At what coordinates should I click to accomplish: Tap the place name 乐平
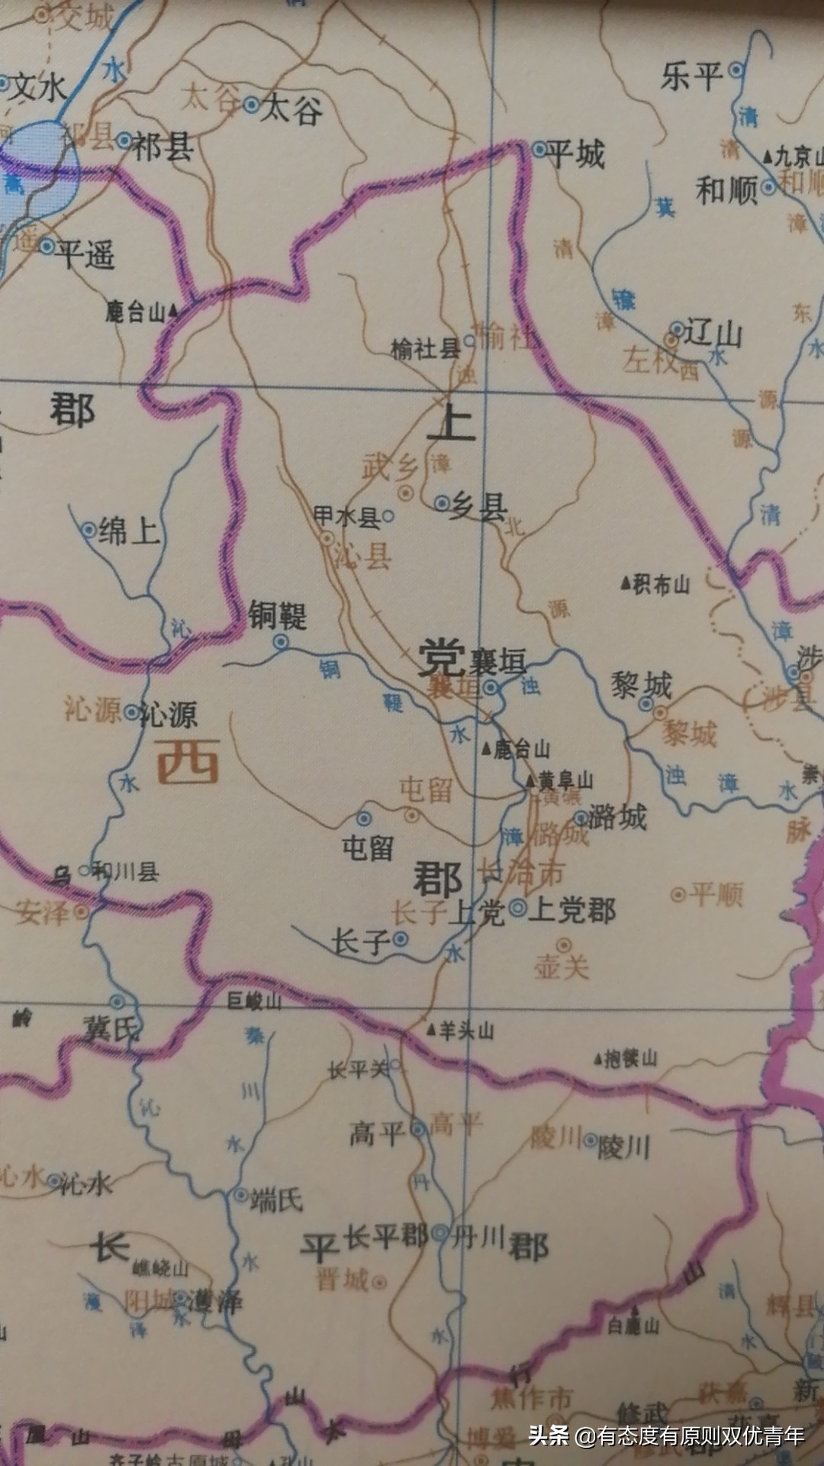point(691,76)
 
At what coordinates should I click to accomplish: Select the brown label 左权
point(649,360)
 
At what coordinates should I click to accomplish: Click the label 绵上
point(129,530)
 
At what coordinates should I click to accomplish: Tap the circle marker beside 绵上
point(89,529)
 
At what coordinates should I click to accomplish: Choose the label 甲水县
point(347,517)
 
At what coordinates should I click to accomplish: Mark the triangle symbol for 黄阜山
point(531,780)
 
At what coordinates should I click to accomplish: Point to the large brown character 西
point(188,762)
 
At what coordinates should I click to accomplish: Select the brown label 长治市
point(521,871)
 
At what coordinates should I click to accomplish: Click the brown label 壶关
point(562,967)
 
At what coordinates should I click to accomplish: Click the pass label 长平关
point(358,1070)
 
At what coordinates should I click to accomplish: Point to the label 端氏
point(277,1200)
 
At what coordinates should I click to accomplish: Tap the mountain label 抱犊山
point(630,1058)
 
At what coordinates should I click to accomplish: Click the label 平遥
point(86,253)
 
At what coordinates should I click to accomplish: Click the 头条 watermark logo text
point(549,1435)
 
